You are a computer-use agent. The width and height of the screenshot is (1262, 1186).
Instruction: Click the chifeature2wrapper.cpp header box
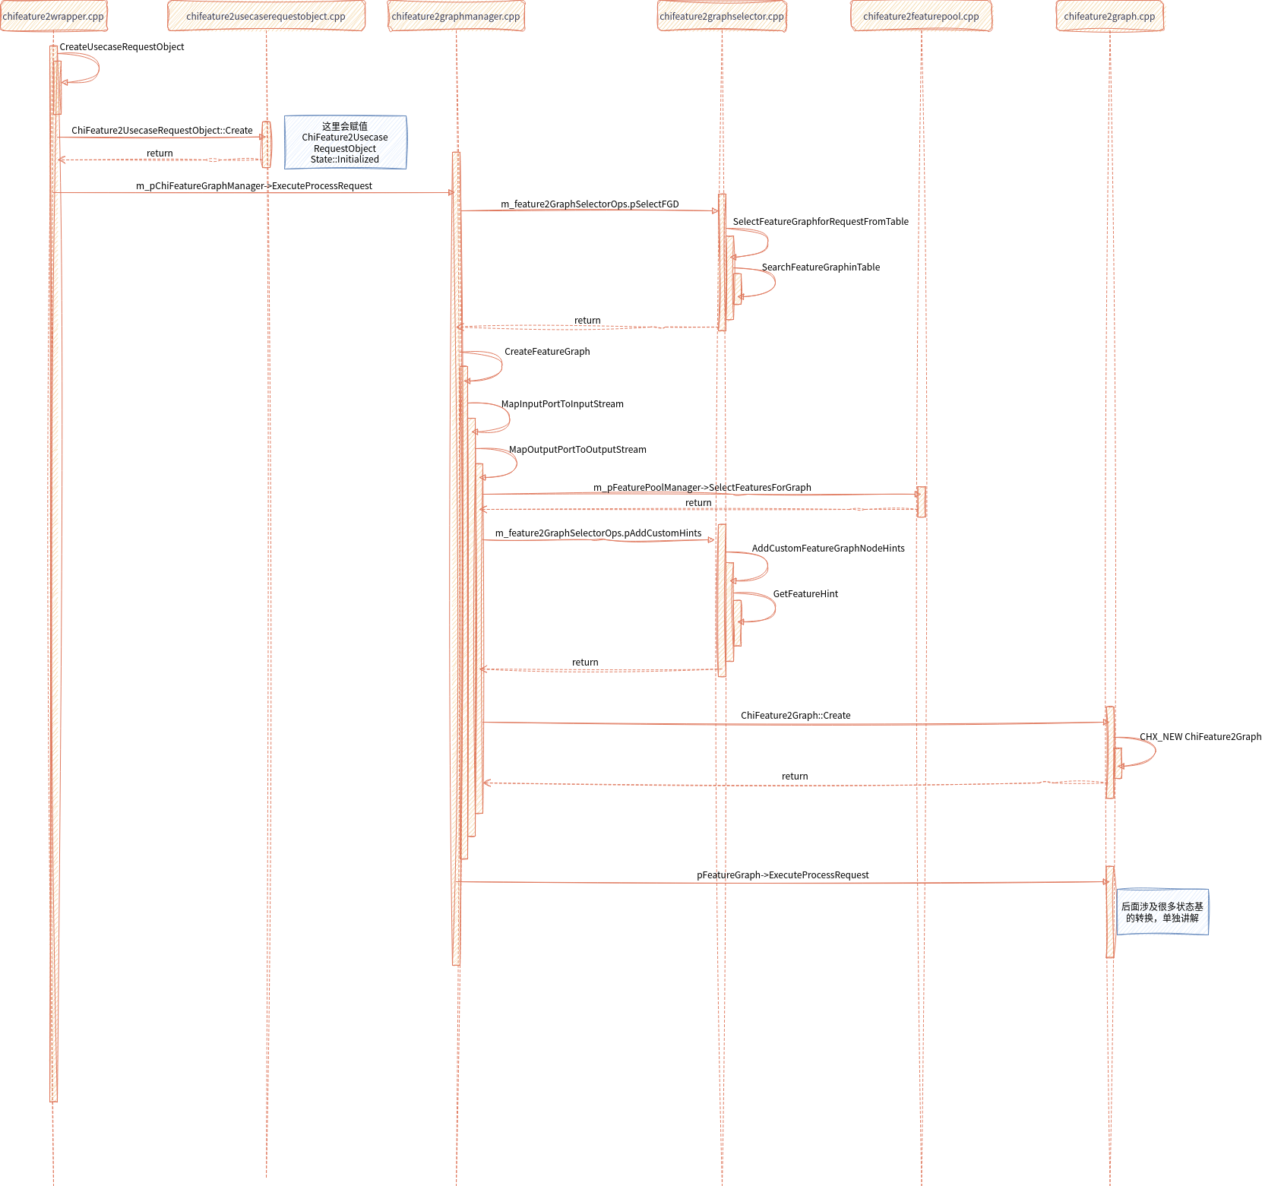coord(53,17)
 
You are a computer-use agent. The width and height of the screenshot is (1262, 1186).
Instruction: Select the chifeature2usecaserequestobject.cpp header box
coord(266,17)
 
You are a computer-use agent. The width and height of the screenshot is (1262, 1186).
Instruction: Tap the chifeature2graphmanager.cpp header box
coord(456,17)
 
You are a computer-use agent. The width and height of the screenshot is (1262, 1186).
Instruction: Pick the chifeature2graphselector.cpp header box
coord(722,17)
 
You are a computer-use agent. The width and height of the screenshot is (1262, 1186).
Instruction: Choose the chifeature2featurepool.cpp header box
coord(921,17)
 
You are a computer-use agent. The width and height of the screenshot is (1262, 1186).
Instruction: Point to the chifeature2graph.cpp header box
coord(1110,17)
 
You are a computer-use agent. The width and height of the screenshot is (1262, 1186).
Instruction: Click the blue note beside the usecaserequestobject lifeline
coord(345,142)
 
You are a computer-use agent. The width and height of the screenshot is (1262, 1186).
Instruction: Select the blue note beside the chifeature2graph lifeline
coord(1162,912)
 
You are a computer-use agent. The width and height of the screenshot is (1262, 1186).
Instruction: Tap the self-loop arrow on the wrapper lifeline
coord(97,68)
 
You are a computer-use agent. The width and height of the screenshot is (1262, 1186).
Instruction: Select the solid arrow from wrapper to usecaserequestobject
coord(160,138)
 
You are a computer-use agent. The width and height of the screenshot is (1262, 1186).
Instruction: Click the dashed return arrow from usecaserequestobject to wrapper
coord(160,160)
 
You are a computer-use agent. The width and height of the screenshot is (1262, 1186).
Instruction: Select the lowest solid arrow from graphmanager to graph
coord(783,882)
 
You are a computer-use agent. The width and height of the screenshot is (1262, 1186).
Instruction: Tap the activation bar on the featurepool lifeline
coord(921,502)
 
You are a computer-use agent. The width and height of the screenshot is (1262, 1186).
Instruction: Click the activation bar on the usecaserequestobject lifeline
coord(266,144)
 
